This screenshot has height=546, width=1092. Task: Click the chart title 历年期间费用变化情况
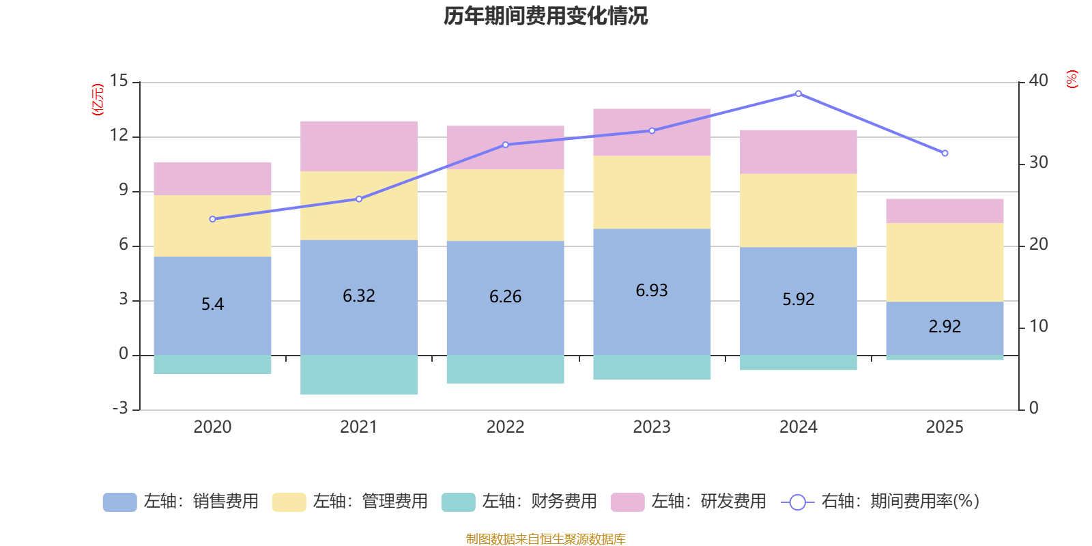pos(545,16)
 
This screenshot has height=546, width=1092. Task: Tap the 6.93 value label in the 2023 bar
pos(652,290)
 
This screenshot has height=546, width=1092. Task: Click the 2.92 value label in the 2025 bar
pos(945,326)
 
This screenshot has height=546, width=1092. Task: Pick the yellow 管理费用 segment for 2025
pos(945,262)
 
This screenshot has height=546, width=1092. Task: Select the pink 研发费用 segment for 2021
pos(359,146)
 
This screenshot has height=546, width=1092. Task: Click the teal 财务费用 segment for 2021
pos(359,375)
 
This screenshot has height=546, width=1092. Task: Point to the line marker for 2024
pos(799,94)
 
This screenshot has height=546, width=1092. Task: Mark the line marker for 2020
pos(212,219)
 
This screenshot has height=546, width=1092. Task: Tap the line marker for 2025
pos(945,154)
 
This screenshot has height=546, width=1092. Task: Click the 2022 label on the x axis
pos(505,427)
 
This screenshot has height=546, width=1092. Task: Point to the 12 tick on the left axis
pos(119,136)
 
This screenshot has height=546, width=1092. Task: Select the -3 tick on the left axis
pos(119,408)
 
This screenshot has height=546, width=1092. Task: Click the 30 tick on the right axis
pos(1039,162)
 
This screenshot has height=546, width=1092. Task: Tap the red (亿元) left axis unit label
pos(98,100)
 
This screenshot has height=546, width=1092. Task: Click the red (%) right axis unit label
pos(1072,79)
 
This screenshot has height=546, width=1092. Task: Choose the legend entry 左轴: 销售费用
pos(181,502)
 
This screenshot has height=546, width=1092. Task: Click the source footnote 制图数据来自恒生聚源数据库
pos(545,539)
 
